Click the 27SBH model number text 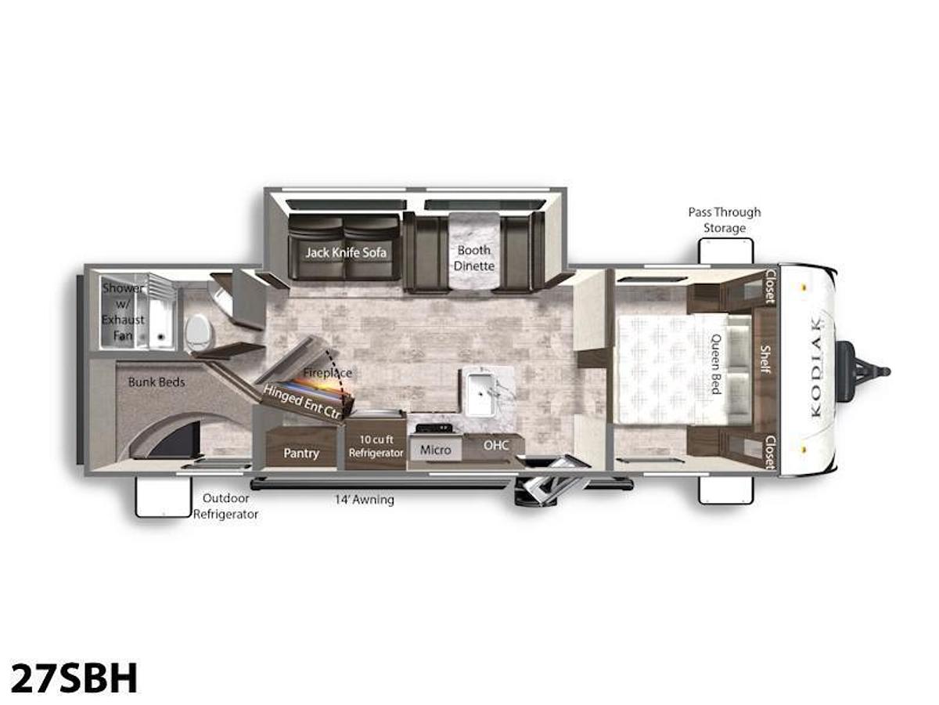pyautogui.click(x=74, y=678)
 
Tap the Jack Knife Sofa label pyautogui.click(x=346, y=252)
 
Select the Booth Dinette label pyautogui.click(x=473, y=258)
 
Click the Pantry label pyautogui.click(x=301, y=453)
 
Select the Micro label pyautogui.click(x=435, y=450)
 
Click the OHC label pyautogui.click(x=496, y=445)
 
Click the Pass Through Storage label pyautogui.click(x=724, y=220)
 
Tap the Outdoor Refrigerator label pyautogui.click(x=226, y=506)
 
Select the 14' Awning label pyautogui.click(x=365, y=499)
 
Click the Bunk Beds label pyautogui.click(x=156, y=382)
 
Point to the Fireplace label pyautogui.click(x=328, y=373)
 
